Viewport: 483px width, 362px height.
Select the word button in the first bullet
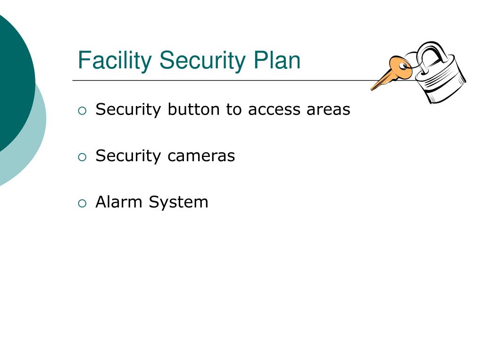coord(194,109)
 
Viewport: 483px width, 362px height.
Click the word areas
coord(328,110)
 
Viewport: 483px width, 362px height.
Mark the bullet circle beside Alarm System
coord(83,204)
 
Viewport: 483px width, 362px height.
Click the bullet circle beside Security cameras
coord(83,157)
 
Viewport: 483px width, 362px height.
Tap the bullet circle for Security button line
coord(83,111)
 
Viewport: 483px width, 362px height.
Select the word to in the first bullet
coord(234,110)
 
